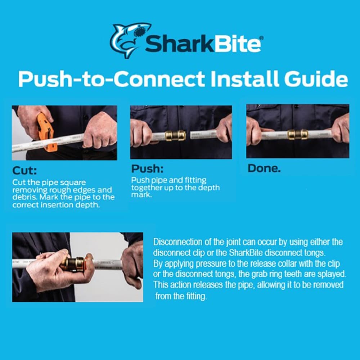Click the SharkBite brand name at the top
pyautogui.click(x=203, y=44)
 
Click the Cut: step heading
pyautogui.click(x=24, y=171)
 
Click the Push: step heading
pyautogui.click(x=147, y=169)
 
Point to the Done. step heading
pyautogui.click(x=264, y=168)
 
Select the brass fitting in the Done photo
pyautogui.click(x=298, y=134)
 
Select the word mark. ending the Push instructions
pyautogui.click(x=141, y=195)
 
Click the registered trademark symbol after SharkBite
pyautogui.click(x=261, y=38)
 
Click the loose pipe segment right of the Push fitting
pyautogui.click(x=203, y=135)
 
